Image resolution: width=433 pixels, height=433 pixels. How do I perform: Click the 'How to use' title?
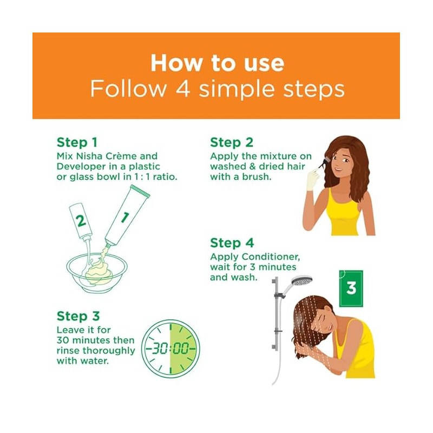click(x=217, y=63)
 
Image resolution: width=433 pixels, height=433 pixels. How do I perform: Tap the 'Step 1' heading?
click(x=77, y=142)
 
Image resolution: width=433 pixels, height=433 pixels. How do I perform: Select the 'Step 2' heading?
click(x=232, y=142)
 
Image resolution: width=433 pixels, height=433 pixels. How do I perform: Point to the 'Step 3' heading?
click(x=78, y=316)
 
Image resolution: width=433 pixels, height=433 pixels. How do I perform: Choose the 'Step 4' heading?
click(x=232, y=243)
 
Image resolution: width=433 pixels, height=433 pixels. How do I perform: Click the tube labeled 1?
click(x=127, y=215)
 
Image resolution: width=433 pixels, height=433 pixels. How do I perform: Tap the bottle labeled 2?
click(x=80, y=221)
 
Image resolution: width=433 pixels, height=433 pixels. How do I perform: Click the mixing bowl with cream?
click(x=97, y=272)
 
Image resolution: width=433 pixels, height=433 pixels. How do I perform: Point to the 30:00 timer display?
click(x=170, y=349)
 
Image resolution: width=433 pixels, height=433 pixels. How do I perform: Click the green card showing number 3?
click(x=351, y=288)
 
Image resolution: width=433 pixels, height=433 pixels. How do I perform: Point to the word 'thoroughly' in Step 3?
click(x=109, y=351)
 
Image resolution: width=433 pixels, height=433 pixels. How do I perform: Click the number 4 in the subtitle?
click(x=183, y=89)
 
